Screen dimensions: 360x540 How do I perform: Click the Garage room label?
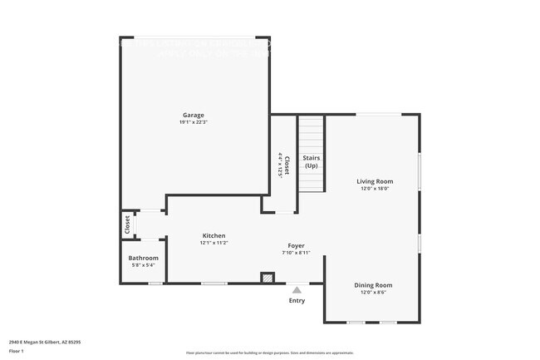click(x=194, y=115)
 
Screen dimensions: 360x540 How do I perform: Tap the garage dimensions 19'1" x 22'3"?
click(x=194, y=122)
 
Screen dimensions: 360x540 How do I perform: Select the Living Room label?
click(x=374, y=181)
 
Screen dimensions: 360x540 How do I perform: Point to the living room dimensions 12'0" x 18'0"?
click(x=374, y=189)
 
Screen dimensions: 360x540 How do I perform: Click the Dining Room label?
click(x=374, y=285)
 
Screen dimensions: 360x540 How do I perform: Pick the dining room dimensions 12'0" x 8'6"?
click(x=374, y=293)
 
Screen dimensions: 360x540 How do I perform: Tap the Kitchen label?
click(x=214, y=236)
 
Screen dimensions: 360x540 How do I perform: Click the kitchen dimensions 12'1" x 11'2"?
click(x=214, y=244)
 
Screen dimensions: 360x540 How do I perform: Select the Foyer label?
click(x=297, y=245)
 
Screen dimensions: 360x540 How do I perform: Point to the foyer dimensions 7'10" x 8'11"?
click(x=297, y=253)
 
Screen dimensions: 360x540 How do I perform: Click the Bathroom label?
click(x=143, y=258)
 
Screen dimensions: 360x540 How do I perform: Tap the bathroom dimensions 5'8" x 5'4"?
click(x=143, y=265)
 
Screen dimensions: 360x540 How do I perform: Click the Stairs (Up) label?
click(x=311, y=161)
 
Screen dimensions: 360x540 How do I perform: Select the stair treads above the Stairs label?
click(x=311, y=133)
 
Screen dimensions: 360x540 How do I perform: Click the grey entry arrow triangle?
click(x=297, y=290)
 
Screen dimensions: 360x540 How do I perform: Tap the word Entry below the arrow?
click(x=297, y=301)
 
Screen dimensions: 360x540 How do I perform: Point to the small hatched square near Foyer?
click(x=268, y=278)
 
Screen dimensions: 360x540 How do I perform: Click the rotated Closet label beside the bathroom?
click(x=127, y=224)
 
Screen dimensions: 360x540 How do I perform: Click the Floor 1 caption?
click(x=16, y=352)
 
